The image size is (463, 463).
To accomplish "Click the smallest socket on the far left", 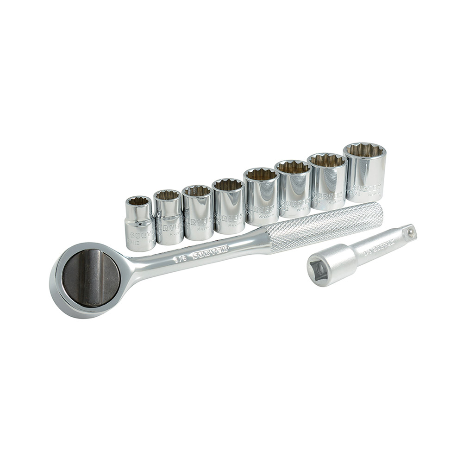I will [139, 225].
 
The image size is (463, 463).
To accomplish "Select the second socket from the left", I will [168, 218].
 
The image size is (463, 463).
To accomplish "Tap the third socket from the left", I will [198, 213].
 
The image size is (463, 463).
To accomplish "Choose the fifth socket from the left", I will [261, 197].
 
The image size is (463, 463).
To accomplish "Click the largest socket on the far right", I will [365, 172].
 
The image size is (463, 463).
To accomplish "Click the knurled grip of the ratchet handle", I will [324, 227].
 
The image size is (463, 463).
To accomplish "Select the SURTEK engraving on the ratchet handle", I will [210, 252].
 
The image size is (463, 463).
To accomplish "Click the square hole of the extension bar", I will [318, 270].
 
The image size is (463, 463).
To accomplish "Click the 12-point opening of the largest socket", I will [365, 150].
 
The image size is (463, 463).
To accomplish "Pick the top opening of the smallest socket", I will [138, 201].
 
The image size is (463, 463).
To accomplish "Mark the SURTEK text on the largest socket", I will [368, 188].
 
